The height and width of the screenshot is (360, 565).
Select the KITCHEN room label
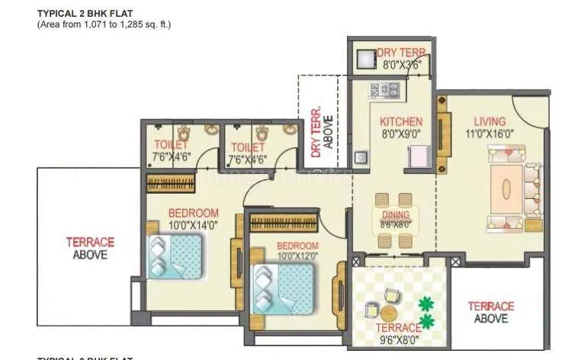coord(401,122)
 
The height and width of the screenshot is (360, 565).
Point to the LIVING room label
coord(490,121)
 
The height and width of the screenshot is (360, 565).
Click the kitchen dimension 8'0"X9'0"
coord(400,133)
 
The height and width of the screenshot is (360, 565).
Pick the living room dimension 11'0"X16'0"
coord(490,133)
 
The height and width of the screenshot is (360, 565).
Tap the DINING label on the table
coord(395,215)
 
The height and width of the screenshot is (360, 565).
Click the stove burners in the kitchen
coord(385,91)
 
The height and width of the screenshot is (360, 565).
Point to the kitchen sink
coord(359,158)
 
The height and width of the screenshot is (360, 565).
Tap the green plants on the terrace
coord(426,313)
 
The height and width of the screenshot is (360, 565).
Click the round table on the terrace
coord(389,313)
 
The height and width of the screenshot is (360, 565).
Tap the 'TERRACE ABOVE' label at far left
coord(90,248)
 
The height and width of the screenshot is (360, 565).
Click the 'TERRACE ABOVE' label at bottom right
coord(490,312)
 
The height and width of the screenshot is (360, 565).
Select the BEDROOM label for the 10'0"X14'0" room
coord(193,213)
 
